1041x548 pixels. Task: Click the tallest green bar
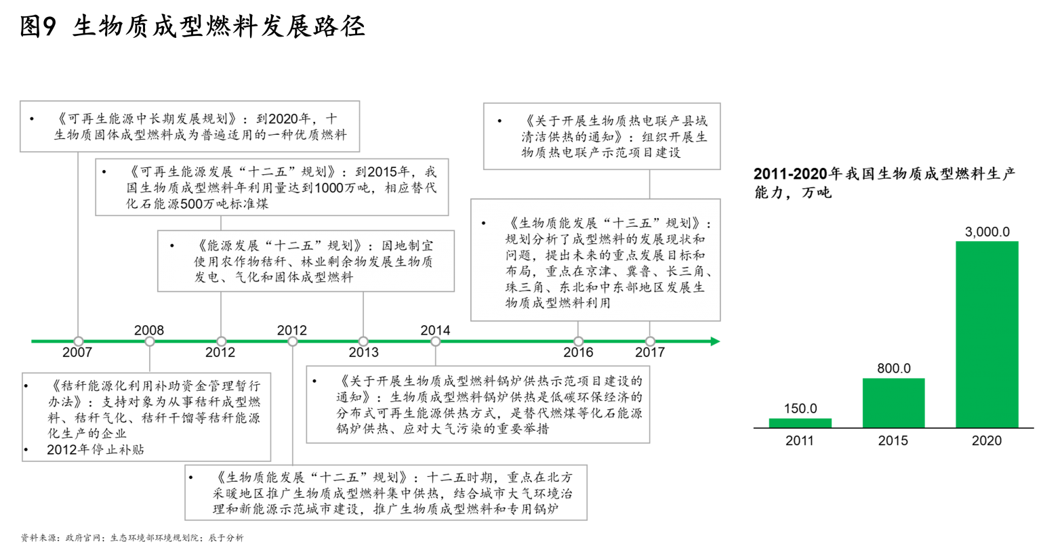pyautogui.click(x=987, y=333)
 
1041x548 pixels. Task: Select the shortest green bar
pyautogui.click(x=800, y=423)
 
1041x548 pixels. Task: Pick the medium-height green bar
pyautogui.click(x=893, y=402)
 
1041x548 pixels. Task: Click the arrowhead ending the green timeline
pyautogui.click(x=716, y=341)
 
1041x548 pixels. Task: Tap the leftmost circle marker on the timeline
pyautogui.click(x=79, y=341)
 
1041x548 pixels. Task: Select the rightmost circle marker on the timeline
pyautogui.click(x=650, y=341)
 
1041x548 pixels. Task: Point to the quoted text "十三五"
pyautogui.click(x=630, y=223)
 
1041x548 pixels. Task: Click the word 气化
pyautogui.click(x=243, y=278)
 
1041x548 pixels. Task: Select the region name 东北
pyautogui.click(x=569, y=288)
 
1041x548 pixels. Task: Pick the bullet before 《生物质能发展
pyautogui.click(x=484, y=224)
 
